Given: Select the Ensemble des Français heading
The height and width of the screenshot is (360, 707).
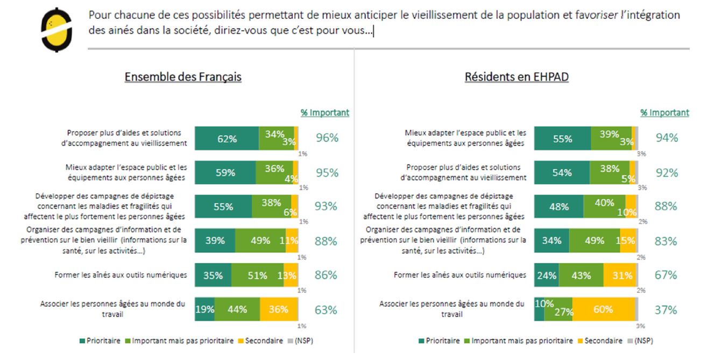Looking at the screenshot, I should [x=183, y=77].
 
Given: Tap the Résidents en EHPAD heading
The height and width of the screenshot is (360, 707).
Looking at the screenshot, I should [x=517, y=77].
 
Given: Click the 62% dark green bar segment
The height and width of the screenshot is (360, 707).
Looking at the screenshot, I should [x=227, y=139].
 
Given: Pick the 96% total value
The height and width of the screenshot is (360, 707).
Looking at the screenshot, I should [x=327, y=138].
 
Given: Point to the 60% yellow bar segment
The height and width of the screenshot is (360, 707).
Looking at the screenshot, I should [x=603, y=309].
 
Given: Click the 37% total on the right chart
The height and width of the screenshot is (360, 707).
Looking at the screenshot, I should [x=666, y=310].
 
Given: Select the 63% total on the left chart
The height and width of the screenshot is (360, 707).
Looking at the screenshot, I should [x=326, y=310].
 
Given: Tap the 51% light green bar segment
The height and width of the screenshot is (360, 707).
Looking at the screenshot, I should [x=257, y=276].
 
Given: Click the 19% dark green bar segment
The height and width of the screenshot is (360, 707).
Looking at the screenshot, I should [x=204, y=309].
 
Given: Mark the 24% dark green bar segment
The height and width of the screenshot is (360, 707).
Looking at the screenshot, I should [x=546, y=276].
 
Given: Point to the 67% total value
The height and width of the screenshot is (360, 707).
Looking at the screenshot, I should [x=666, y=276].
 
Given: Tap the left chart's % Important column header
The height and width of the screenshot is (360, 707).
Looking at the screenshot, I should [x=324, y=112].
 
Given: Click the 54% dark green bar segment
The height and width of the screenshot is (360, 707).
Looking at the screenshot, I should [x=563, y=173].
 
